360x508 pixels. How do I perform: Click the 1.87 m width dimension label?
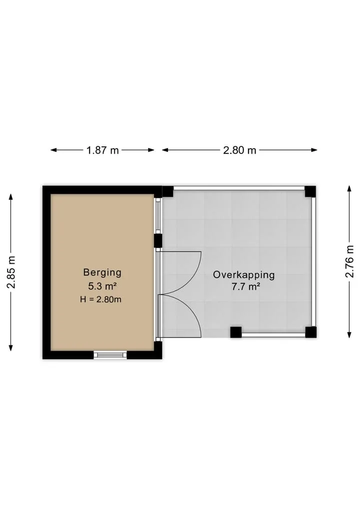[x=102, y=150]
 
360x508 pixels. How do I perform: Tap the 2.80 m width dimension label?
[x=239, y=150]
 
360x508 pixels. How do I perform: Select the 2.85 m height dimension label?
[x=11, y=272]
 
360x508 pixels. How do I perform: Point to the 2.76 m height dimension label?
[x=349, y=261]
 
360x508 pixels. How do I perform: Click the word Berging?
[x=102, y=272]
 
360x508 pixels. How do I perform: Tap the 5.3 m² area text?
[x=102, y=286]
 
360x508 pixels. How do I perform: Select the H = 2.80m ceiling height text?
[x=100, y=299]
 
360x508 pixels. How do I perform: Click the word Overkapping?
[x=243, y=275]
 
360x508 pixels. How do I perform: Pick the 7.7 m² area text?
[x=245, y=287]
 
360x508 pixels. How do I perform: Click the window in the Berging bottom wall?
[x=110, y=355]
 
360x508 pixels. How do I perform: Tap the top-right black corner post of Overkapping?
[x=310, y=191]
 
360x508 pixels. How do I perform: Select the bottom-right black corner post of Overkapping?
[x=310, y=332]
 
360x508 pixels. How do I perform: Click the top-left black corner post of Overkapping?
[x=167, y=191]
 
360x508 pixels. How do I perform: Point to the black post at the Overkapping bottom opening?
[x=236, y=332]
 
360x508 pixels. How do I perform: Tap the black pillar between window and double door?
[x=158, y=241]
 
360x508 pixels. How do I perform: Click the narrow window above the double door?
[x=158, y=215]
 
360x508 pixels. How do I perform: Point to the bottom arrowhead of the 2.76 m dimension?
[x=349, y=335]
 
